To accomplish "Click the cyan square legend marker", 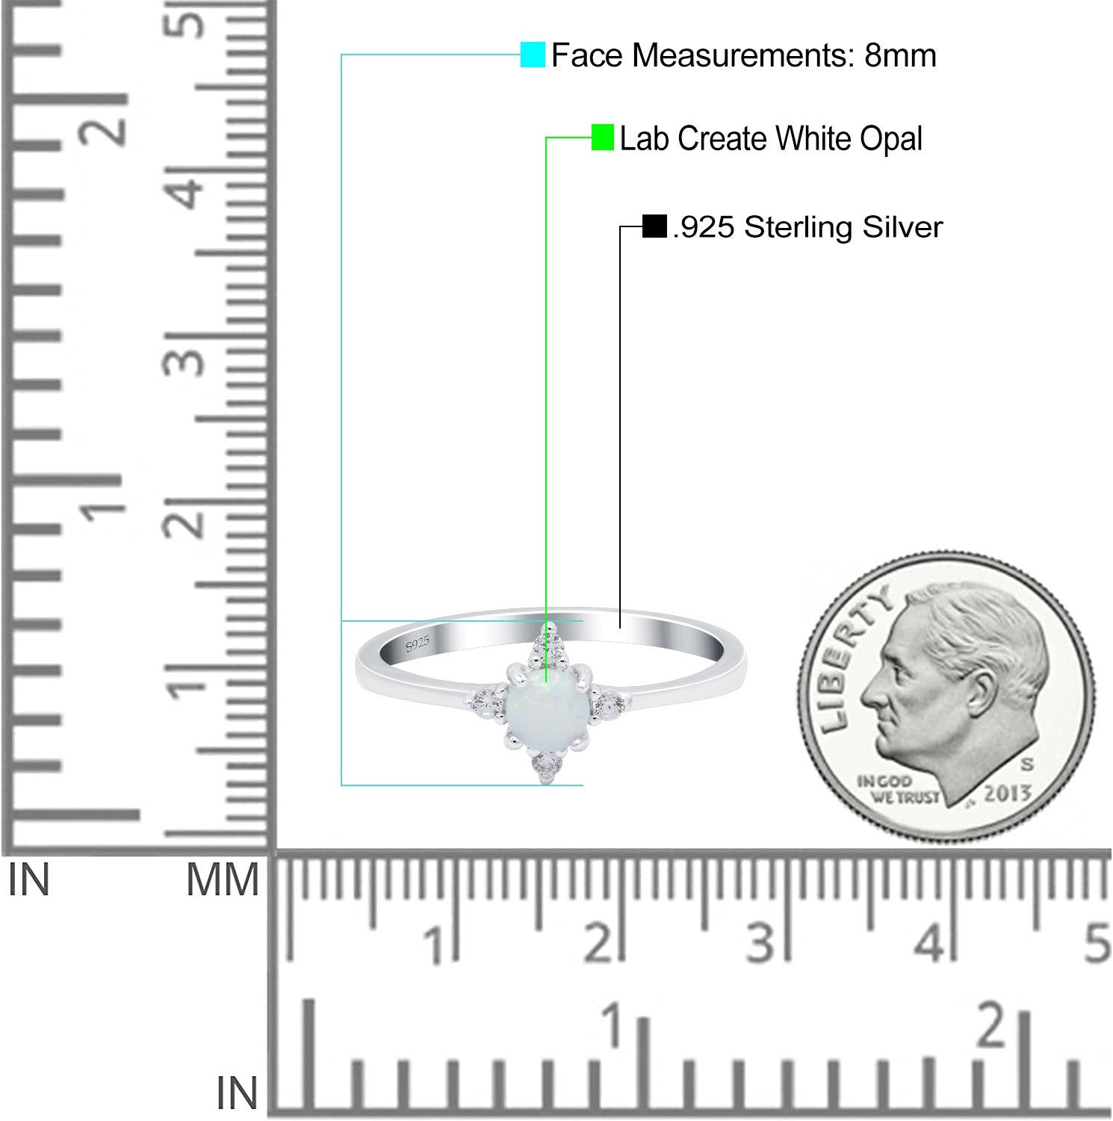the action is click(x=533, y=55).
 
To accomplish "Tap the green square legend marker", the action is click(x=603, y=137).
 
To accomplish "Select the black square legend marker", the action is click(x=654, y=226).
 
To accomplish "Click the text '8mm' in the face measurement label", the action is click(x=900, y=55).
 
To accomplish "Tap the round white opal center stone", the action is click(x=549, y=704).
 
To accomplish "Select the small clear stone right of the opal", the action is click(x=610, y=704).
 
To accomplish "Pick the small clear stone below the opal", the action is click(x=546, y=766).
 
